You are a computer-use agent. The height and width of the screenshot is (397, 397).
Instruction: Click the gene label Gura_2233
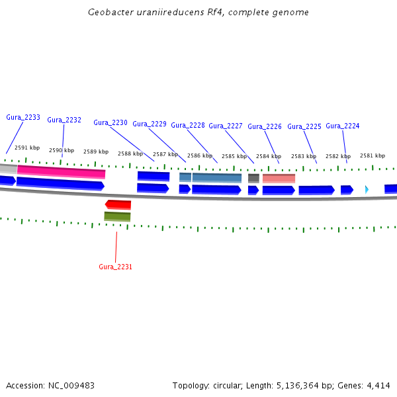(23, 117)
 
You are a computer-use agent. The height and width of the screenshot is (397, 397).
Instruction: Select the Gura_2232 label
(64, 120)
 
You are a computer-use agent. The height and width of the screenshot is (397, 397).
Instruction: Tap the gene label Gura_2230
(110, 122)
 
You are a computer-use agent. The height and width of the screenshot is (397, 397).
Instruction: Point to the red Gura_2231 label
(116, 267)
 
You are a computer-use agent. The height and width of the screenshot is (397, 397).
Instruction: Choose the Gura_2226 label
(265, 126)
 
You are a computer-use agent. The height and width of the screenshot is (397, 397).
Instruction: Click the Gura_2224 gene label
(343, 126)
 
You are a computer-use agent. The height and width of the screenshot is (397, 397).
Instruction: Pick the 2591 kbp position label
(27, 148)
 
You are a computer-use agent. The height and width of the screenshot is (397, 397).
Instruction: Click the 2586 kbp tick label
(200, 155)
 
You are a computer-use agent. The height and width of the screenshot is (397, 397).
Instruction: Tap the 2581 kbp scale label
(373, 155)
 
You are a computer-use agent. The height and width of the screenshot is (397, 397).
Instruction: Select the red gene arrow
(118, 204)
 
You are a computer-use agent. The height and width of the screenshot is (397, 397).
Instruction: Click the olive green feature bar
(117, 216)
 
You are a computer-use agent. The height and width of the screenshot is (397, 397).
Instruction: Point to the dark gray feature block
(253, 178)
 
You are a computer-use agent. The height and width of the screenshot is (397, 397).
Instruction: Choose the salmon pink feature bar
(279, 178)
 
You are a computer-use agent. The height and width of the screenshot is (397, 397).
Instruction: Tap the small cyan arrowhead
(367, 190)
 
